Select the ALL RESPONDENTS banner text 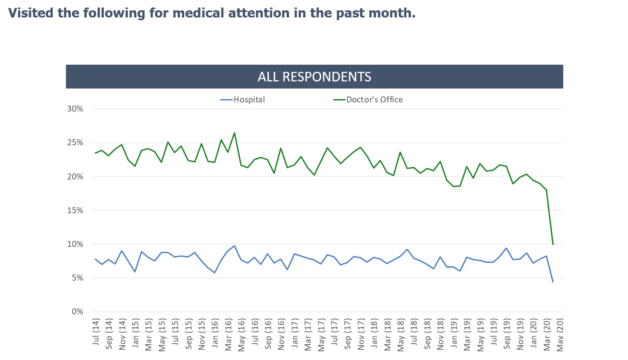pos(314,77)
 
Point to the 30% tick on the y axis pos(75,109)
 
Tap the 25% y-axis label pos(75,142)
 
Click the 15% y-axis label pos(75,210)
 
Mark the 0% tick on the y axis pos(77,312)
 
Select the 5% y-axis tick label pos(77,278)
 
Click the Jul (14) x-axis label pos(96,332)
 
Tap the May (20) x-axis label pos(560,334)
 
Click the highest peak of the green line pos(234,133)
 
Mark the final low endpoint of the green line pos(553,244)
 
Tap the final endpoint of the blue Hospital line pos(553,282)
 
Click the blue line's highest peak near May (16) pos(235,246)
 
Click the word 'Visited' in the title pos(30,13)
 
